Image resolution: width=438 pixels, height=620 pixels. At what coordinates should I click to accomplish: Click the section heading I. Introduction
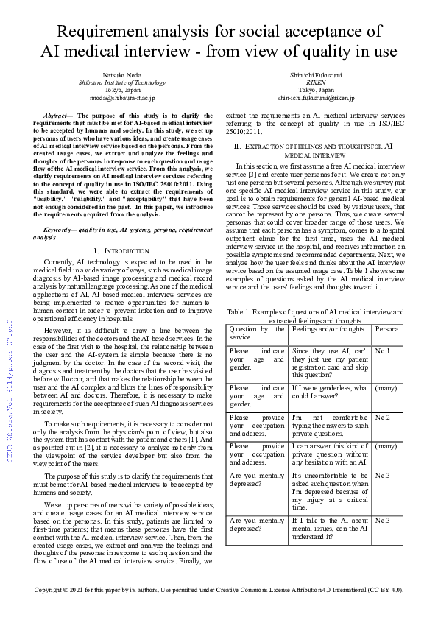tap(121, 250)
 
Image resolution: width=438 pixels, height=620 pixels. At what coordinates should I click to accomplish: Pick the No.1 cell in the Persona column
tap(382, 351)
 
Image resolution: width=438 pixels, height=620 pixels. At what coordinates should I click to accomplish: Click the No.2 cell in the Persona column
tap(382, 418)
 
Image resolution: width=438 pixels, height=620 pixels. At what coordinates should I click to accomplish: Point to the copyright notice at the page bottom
tap(219, 591)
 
